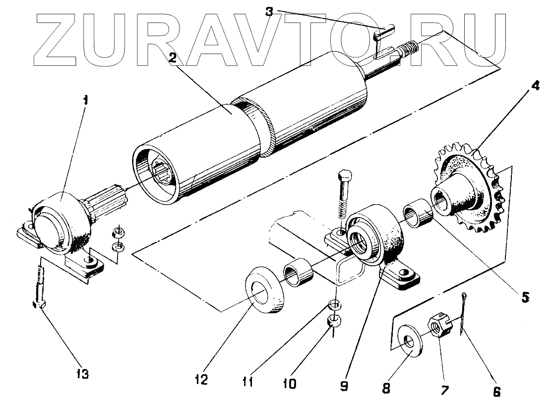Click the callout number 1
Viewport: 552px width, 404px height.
(x=85, y=100)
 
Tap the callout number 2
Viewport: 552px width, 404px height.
(x=172, y=58)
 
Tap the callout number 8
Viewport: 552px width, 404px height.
(x=387, y=387)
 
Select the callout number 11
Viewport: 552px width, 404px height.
(x=248, y=382)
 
